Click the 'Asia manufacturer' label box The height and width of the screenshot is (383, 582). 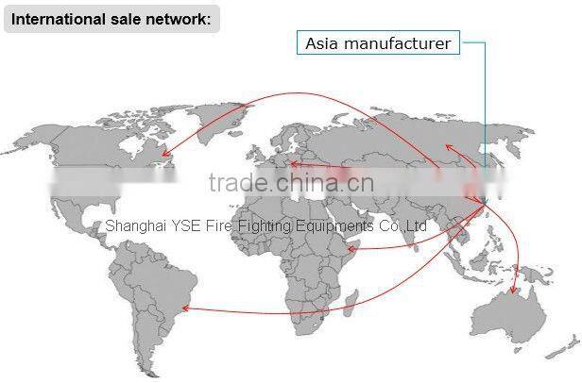pos(378,42)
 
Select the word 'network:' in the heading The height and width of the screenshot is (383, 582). pos(183,17)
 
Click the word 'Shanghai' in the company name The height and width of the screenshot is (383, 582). pos(131,226)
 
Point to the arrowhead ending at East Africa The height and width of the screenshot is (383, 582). pos(351,248)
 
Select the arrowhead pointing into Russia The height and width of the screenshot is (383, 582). pos(448,145)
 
